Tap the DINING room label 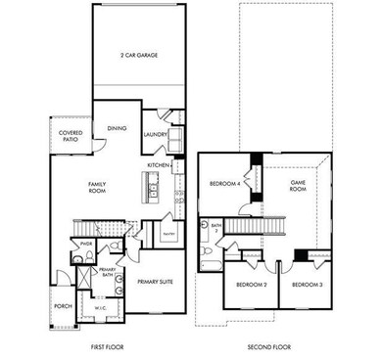pyautogui.click(x=117, y=127)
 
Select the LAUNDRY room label pyautogui.click(x=153, y=134)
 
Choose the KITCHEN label pyautogui.click(x=159, y=165)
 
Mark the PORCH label pyautogui.click(x=62, y=305)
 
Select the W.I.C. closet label pyautogui.click(x=100, y=308)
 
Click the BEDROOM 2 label pyautogui.click(x=252, y=285)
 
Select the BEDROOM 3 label pyautogui.click(x=308, y=285)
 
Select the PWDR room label pyautogui.click(x=85, y=244)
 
